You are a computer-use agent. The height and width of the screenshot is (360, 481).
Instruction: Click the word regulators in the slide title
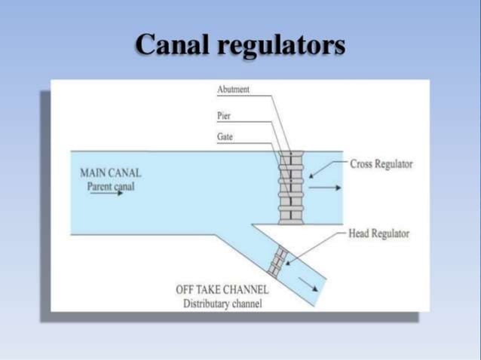[281, 47]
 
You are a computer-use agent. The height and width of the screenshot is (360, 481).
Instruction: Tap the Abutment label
[233, 90]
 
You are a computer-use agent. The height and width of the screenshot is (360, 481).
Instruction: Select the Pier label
[224, 117]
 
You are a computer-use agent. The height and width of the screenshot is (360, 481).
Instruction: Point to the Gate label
[225, 137]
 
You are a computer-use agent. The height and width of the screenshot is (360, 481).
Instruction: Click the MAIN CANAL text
[110, 172]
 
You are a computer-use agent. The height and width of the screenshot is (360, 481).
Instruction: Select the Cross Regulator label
[381, 164]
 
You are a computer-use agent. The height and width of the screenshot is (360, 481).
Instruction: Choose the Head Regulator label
[379, 233]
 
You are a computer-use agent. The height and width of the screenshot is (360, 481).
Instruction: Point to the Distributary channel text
[222, 304]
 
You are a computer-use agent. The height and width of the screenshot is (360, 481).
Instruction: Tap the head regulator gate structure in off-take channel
[277, 260]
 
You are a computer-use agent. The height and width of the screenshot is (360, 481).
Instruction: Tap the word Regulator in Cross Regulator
[394, 164]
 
